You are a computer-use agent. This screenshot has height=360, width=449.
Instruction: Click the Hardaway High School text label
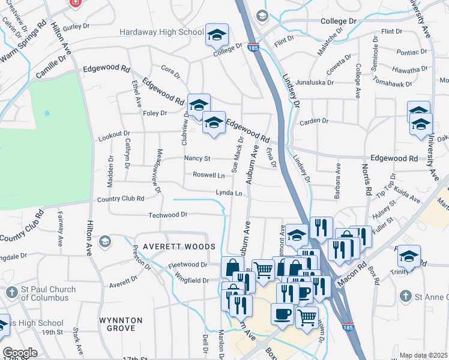tap(161, 32)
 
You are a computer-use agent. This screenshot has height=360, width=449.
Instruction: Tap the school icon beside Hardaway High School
tap(217, 35)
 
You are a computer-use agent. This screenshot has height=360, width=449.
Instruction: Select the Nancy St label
tap(197, 158)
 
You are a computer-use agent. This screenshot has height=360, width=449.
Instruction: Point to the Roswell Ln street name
tap(208, 175)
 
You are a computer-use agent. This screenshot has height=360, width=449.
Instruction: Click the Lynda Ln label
tap(229, 193)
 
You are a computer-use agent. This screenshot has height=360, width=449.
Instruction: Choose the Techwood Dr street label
tap(168, 214)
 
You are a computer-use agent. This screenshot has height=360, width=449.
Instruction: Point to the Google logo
tap(19, 353)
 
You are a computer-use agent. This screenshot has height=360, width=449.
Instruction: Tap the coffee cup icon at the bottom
tap(282, 314)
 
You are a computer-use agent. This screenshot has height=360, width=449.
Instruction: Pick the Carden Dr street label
tap(315, 121)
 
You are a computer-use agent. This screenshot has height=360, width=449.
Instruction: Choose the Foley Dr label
tap(155, 112)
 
